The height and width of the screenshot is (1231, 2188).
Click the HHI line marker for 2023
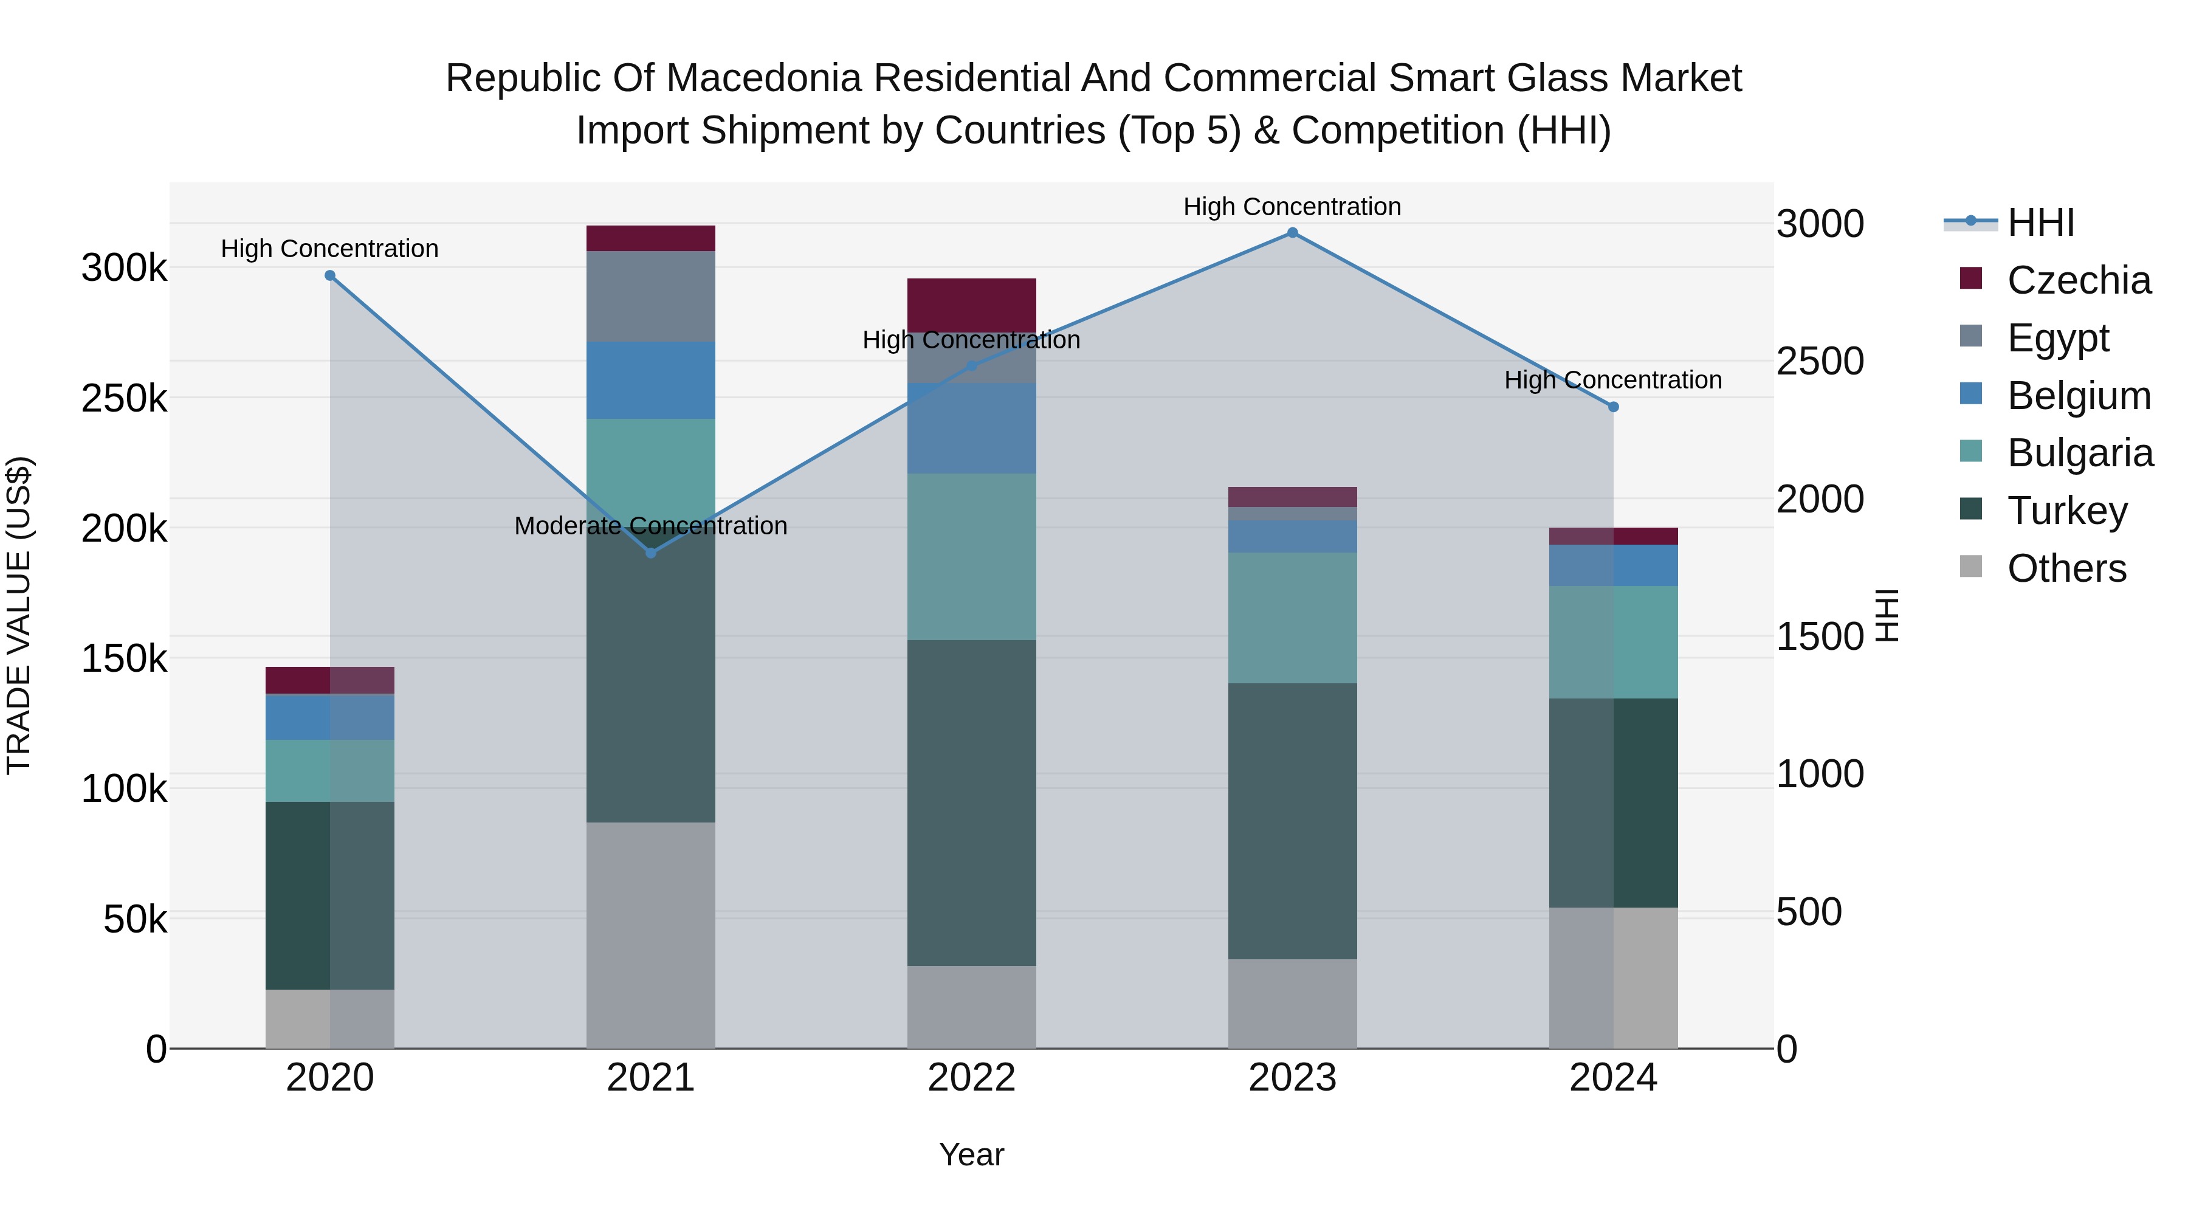pos(1292,233)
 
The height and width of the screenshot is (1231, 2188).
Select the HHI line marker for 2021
pos(650,553)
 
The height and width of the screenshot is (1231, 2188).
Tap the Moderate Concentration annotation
pos(650,526)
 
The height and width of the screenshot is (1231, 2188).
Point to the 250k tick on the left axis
pos(124,398)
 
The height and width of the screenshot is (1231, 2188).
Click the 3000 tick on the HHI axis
pos(1819,224)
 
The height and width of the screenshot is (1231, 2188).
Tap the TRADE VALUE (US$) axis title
pos(19,615)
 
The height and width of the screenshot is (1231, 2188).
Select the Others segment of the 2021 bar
pos(650,934)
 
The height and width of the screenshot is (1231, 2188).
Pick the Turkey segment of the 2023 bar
pos(1292,821)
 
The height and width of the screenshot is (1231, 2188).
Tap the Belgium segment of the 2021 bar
pos(650,380)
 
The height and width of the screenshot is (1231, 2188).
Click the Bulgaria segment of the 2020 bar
pos(329,771)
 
